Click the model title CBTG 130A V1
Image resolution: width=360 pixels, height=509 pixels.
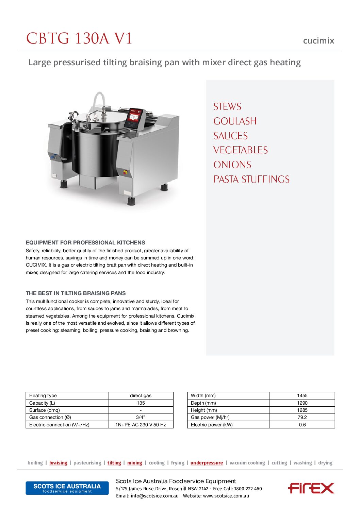click(79, 38)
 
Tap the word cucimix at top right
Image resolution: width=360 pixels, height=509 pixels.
click(318, 41)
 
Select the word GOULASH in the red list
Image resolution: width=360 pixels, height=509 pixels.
click(235, 121)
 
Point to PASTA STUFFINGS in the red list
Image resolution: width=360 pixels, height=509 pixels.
click(251, 180)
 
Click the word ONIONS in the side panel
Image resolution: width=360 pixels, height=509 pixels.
click(232, 165)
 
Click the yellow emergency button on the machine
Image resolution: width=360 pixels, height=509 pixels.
click(125, 172)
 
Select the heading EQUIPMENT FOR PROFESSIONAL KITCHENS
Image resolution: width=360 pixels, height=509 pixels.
click(85, 242)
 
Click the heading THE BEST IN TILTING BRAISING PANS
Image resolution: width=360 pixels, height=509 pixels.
click(76, 293)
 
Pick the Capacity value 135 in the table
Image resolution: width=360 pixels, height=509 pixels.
click(141, 403)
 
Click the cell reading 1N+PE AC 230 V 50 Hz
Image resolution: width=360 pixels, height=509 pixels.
click(141, 425)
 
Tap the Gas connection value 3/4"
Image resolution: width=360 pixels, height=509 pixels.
click(141, 417)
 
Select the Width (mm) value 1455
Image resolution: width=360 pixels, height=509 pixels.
click(302, 395)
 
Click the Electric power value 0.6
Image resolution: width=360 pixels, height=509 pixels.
click(302, 425)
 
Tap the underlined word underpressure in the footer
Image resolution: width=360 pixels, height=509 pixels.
click(207, 463)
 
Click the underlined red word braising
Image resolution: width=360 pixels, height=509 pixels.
click(58, 463)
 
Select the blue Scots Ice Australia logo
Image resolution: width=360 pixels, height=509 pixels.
click(67, 488)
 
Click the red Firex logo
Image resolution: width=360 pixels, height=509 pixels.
click(311, 488)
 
